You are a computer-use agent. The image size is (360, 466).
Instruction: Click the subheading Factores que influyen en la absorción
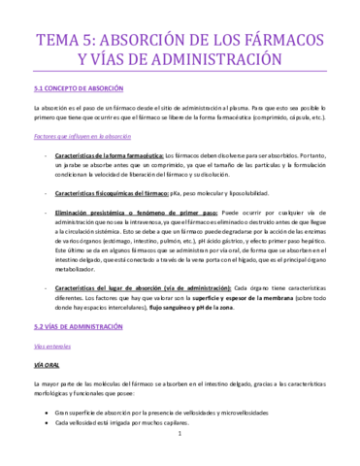(82, 138)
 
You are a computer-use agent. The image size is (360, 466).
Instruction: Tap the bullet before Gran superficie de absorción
(47, 412)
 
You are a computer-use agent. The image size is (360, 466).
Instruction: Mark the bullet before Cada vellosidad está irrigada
(47, 423)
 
